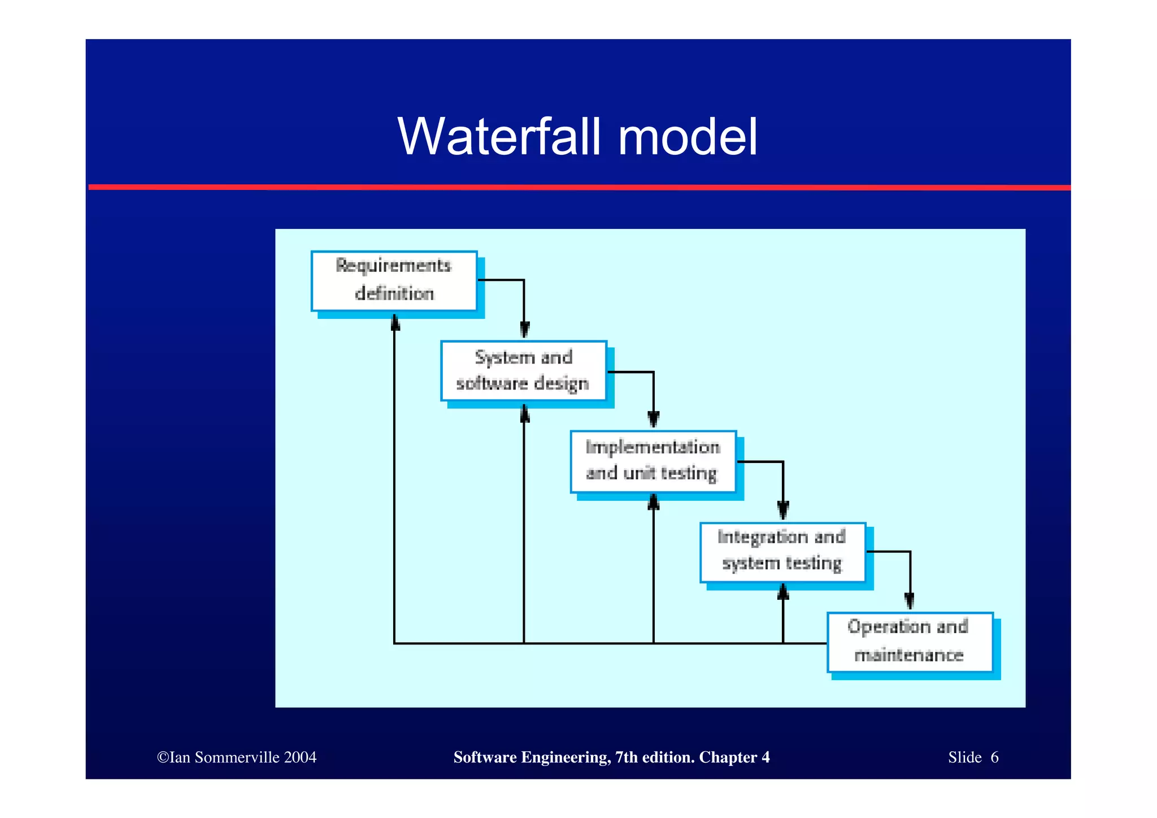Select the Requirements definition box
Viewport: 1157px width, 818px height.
394,281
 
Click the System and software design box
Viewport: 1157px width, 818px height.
523,370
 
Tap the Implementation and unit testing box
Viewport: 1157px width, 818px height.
653,461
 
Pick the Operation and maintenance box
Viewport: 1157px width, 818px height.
909,642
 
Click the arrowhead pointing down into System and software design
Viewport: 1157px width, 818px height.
524,330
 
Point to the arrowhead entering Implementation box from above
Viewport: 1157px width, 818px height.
654,419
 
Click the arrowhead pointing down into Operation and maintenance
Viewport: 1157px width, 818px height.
910,600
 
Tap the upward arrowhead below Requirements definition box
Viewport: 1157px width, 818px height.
395,323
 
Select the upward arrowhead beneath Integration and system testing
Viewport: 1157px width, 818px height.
783,592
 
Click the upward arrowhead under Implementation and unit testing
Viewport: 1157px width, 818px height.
654,502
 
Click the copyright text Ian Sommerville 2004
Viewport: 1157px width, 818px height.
237,758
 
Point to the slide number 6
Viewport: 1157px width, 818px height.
995,758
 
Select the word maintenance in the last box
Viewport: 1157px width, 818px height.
908,655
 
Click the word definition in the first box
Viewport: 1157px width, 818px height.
394,294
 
